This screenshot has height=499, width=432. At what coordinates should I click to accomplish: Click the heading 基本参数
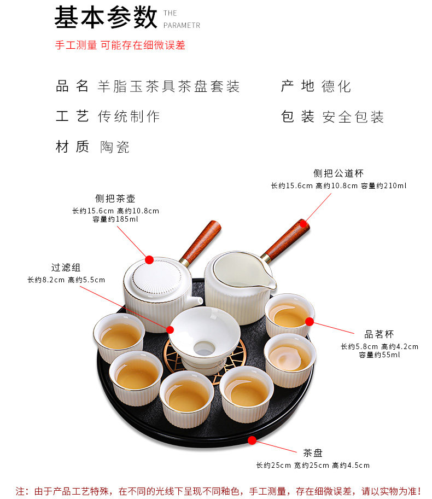106,18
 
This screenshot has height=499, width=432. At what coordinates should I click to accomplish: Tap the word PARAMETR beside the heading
182,26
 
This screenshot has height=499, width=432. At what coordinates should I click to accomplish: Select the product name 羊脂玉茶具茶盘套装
168,86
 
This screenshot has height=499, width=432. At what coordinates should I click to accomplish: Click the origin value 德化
336,86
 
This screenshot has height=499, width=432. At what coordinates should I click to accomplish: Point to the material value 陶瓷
114,147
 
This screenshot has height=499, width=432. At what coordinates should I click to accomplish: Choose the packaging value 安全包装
353,117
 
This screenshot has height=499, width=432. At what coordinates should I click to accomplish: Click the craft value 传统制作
129,116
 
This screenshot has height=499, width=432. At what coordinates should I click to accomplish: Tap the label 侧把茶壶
115,199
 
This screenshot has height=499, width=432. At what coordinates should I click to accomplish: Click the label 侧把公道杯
338,173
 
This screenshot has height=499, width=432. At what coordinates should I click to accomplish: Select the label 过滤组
66,268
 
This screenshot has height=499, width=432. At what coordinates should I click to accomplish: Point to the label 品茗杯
379,334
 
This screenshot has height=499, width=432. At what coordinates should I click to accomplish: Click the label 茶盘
313,453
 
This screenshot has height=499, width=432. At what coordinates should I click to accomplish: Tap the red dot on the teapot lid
149,260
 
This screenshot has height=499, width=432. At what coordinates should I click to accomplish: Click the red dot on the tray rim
252,440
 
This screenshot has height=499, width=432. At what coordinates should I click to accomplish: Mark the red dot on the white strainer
170,330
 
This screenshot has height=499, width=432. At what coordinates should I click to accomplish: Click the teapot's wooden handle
201,242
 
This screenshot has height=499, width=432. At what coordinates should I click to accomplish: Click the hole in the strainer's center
204,348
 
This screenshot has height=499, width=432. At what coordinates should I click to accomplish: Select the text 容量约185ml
115,219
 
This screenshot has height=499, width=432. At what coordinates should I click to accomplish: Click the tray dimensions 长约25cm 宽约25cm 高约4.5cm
313,466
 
